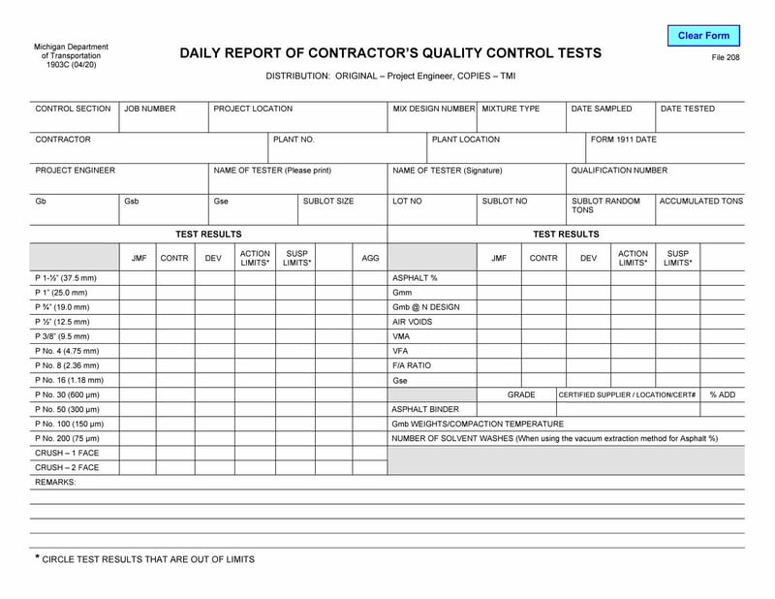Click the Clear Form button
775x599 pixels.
(x=703, y=36)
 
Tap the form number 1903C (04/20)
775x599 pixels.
(x=71, y=65)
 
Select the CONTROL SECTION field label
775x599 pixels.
(x=73, y=110)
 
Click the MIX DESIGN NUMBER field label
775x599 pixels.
(x=433, y=110)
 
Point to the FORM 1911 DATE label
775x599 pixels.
(x=624, y=140)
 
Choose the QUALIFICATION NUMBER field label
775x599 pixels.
(x=619, y=171)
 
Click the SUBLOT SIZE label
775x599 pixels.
(x=328, y=202)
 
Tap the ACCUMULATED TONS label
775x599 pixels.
(x=701, y=202)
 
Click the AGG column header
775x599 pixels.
(x=370, y=259)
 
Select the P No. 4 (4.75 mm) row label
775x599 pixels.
(x=67, y=351)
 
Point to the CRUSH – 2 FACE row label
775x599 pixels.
(x=67, y=468)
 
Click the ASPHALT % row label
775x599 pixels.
(x=415, y=278)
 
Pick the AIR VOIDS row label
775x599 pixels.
(x=412, y=322)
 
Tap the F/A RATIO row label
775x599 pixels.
(x=412, y=366)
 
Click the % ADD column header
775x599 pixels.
(x=723, y=395)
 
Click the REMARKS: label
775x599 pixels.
(x=55, y=482)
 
